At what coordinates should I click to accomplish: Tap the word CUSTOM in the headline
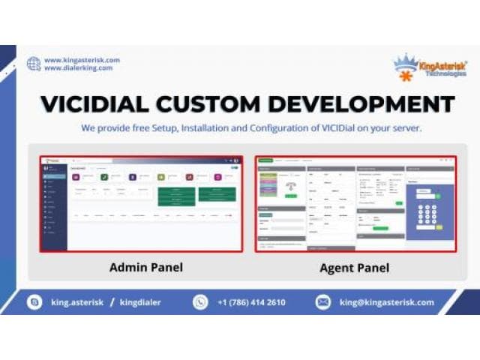tap(220, 104)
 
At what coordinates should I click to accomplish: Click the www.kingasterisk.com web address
tap(82, 60)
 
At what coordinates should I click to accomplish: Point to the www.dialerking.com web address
tap(78, 68)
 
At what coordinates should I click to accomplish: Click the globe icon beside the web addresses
tap(34, 64)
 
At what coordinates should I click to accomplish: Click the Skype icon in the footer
tap(34, 302)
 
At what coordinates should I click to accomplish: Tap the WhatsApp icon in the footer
tap(200, 302)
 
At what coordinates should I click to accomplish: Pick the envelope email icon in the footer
tap(323, 302)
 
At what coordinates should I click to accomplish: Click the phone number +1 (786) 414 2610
tap(251, 302)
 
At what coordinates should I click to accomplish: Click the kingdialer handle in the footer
tap(141, 302)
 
